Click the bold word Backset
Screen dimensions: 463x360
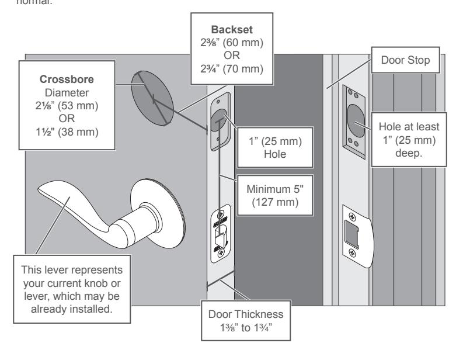tap(232, 30)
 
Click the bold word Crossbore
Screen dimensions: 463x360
tap(67, 79)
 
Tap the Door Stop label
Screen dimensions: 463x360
tap(405, 60)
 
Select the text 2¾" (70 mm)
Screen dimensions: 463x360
tap(232, 68)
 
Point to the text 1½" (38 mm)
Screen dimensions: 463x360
tap(67, 131)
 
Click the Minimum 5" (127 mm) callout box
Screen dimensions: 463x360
tap(275, 195)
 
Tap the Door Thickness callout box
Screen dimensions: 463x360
tap(246, 321)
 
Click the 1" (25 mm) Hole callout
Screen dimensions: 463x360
tap(275, 147)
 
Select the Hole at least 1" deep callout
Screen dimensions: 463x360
tap(409, 140)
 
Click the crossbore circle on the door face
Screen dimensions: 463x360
tap(152, 98)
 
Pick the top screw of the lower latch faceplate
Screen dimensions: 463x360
tap(221, 214)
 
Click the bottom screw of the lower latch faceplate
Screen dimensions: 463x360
tap(221, 253)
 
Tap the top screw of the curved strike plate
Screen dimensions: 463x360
tap(352, 217)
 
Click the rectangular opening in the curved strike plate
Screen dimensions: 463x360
tap(351, 234)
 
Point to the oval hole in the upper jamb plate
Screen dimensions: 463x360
tap(356, 120)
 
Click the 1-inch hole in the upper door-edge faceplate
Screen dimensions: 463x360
tap(219, 120)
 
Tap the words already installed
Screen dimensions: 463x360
tap(72, 309)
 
